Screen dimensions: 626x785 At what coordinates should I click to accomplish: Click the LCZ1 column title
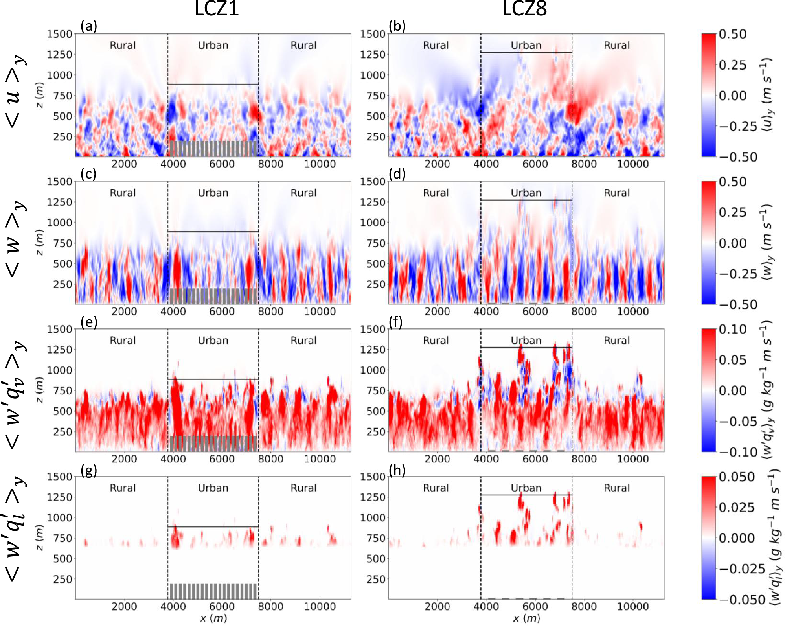217,9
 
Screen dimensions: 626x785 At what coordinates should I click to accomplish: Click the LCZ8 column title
524,9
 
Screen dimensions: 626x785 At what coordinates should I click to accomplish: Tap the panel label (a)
88,26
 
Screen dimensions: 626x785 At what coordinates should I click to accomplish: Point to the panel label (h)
396,470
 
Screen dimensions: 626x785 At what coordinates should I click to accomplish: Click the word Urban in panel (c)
213,193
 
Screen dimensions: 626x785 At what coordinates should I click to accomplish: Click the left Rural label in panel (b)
436,45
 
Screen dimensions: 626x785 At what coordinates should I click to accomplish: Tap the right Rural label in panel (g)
303,488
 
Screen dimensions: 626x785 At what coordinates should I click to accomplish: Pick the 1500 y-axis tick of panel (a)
59,34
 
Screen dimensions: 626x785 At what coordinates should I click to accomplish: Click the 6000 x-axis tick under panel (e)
222,459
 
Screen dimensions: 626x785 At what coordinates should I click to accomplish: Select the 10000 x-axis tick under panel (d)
632,311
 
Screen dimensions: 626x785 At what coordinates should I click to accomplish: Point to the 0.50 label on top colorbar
732,34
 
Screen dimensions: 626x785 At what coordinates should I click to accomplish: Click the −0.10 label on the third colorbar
738,452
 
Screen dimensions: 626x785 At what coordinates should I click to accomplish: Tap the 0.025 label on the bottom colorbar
736,507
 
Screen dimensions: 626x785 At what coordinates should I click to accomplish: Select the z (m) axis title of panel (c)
40,242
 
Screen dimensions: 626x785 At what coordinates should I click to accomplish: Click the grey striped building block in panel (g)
213,591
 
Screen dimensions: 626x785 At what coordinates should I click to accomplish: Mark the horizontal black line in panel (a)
213,84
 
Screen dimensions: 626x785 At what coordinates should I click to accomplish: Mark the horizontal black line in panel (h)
526,495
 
